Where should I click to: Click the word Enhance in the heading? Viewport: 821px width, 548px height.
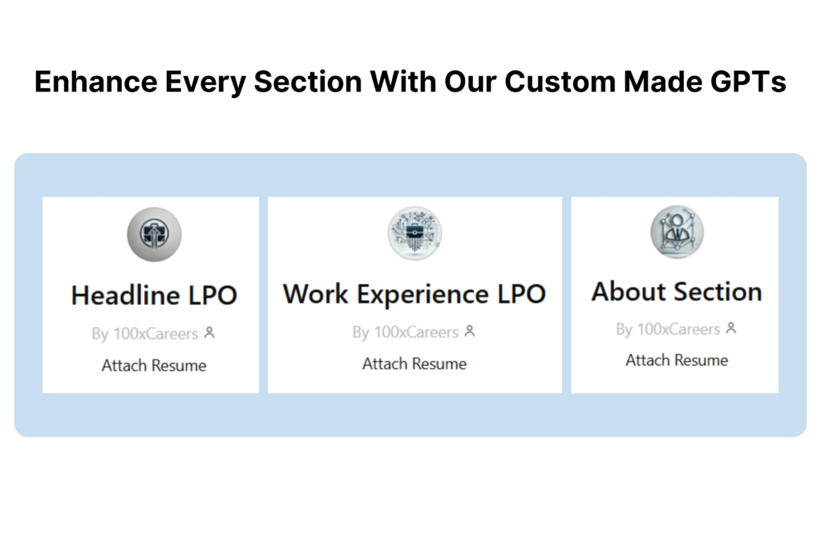96,82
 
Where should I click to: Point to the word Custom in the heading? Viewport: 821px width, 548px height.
560,82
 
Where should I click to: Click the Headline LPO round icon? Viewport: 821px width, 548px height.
155,234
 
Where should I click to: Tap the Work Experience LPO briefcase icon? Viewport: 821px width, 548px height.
415,233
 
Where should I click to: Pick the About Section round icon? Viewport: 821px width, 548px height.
677,232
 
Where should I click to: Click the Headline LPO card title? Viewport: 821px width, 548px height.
155,295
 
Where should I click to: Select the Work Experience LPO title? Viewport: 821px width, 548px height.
415,294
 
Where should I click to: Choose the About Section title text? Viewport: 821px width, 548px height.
677,291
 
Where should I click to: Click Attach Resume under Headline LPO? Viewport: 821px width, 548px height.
154,365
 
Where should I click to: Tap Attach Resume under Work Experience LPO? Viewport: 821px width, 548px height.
415,363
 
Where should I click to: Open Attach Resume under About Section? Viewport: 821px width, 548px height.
677,360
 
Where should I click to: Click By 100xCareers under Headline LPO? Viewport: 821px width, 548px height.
145,334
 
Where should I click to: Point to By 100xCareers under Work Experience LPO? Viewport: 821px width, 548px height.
405,332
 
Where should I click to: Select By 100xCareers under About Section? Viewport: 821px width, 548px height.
668,329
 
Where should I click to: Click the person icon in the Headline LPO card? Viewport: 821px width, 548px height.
209,333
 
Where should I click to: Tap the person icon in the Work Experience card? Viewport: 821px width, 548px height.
470,331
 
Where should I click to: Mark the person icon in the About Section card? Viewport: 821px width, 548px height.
731,328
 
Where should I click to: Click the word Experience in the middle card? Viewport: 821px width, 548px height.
423,295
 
